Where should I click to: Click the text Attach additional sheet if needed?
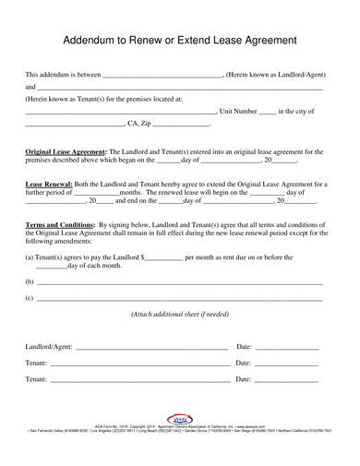click(179, 315)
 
